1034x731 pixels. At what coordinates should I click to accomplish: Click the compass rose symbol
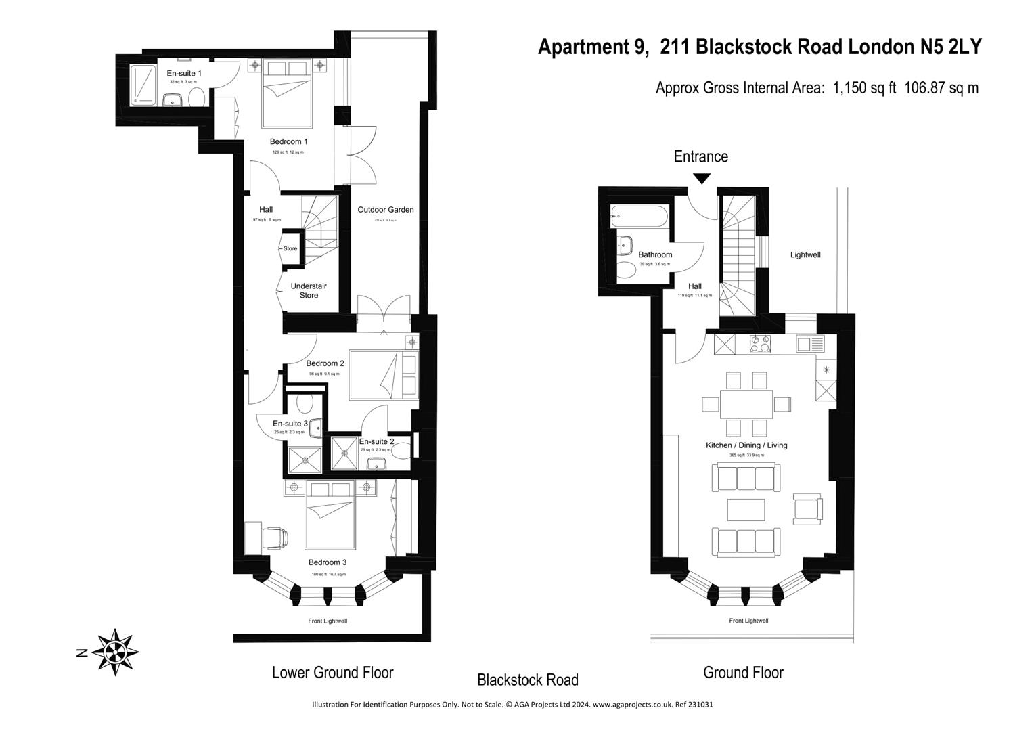pos(114,652)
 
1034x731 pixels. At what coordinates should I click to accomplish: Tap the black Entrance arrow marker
pos(702,178)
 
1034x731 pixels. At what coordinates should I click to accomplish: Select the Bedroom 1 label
pos(288,141)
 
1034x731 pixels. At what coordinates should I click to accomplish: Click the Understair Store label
pos(309,290)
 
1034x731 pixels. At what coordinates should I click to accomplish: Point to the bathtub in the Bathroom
pos(639,218)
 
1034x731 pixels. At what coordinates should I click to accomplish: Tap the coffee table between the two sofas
pos(746,509)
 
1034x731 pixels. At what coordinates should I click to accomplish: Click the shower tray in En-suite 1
pos(142,85)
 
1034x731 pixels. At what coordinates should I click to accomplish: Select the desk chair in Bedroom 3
pos(274,538)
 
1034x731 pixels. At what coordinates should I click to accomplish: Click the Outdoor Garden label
pos(386,210)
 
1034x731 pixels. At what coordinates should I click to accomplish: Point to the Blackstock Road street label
pos(527,680)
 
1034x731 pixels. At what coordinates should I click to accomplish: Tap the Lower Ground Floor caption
pos(332,672)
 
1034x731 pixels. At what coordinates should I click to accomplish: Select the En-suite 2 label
pos(377,441)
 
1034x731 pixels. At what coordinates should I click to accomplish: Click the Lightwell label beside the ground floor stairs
pos(805,254)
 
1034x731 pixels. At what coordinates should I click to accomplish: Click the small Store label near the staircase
pos(290,248)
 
